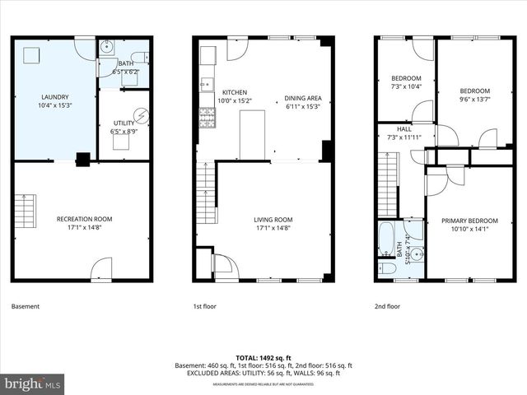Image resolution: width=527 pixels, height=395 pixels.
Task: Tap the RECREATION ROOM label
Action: point(84,219)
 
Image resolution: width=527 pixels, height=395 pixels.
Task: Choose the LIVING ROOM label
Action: point(273,219)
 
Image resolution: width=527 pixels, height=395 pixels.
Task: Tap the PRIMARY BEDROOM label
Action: point(469,221)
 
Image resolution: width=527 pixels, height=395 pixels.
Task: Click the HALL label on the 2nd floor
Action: point(403,129)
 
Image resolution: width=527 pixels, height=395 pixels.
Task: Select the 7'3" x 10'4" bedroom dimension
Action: point(404,86)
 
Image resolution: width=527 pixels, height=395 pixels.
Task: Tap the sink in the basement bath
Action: point(107,48)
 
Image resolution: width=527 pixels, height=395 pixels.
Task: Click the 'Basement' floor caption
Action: point(26,307)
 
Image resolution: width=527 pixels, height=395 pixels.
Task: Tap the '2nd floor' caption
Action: point(387,307)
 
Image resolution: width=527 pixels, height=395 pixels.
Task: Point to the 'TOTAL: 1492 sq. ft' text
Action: point(263,357)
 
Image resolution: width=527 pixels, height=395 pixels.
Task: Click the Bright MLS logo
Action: point(33,383)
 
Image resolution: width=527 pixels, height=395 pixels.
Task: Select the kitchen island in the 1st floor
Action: point(253,135)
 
